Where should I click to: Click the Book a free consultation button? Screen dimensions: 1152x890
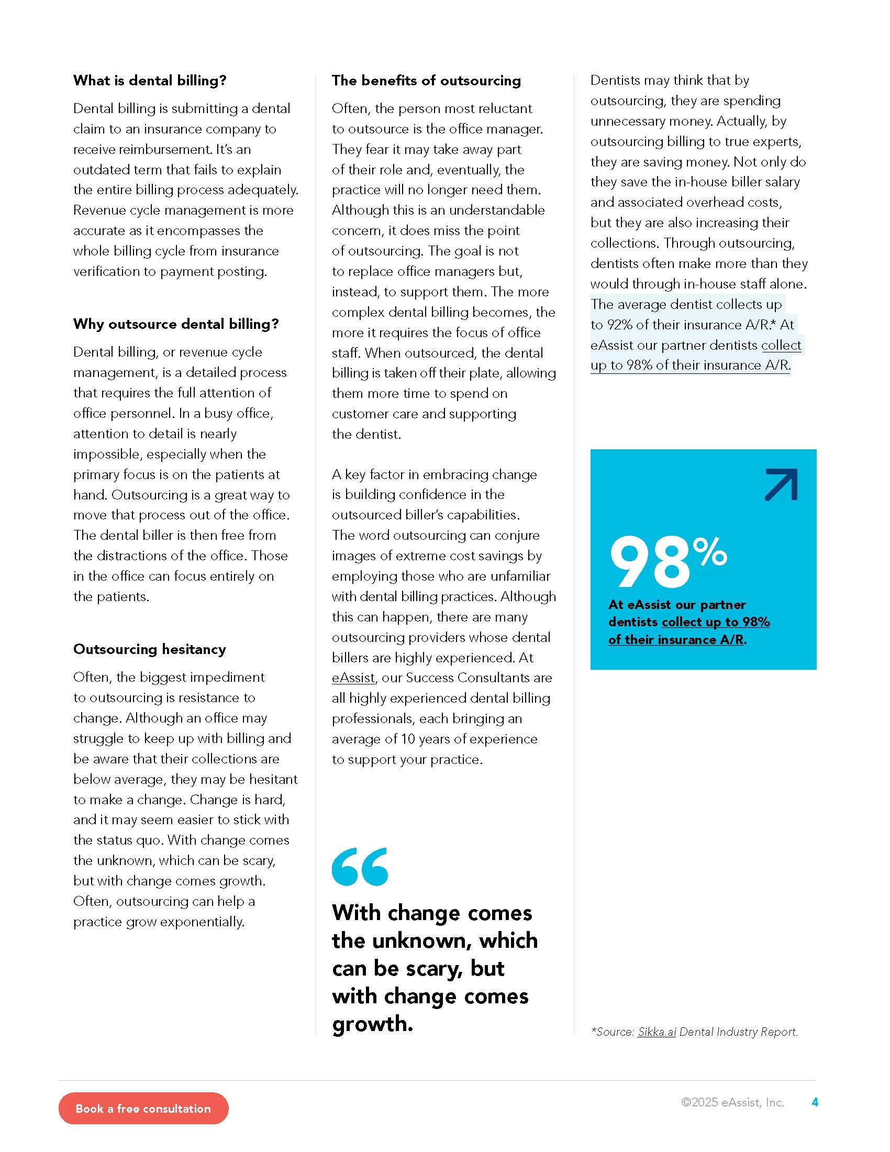[143, 1108]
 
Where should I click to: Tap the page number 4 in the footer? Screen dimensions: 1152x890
[815, 1102]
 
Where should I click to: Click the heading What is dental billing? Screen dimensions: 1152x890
[150, 81]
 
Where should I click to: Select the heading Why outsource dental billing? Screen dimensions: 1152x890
[175, 324]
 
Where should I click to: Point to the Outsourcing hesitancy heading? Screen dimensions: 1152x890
[150, 649]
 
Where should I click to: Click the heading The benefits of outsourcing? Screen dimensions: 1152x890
[426, 81]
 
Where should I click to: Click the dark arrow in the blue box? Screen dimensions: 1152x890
[782, 484]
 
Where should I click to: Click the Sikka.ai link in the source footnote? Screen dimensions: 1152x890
[657, 1032]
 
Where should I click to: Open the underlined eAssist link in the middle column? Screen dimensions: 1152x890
[353, 678]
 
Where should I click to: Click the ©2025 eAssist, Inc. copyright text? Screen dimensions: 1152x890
[732, 1102]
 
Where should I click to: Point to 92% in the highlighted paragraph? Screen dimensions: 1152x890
[619, 325]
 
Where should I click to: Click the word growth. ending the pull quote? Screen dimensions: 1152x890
[372, 1024]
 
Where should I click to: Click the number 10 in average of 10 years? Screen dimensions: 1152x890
[407, 739]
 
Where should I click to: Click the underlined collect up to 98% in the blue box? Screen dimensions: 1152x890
[716, 622]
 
